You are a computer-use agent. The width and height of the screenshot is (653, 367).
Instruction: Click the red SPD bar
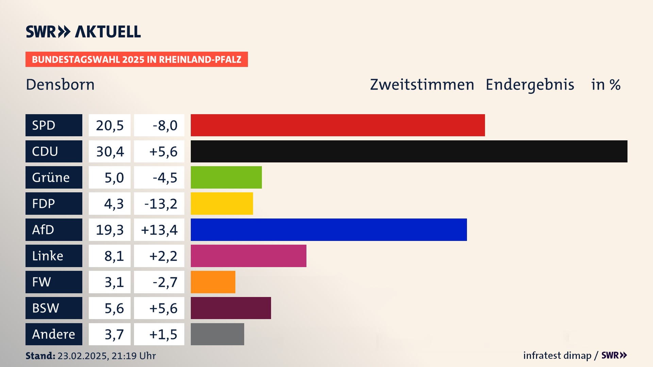click(x=338, y=125)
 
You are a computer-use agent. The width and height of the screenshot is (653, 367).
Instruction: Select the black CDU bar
click(x=409, y=151)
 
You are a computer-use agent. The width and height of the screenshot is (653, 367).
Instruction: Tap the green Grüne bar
click(x=226, y=177)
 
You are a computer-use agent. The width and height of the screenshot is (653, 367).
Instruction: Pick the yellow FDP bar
click(x=222, y=204)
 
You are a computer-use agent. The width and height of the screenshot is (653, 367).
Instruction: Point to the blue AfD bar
click(x=329, y=230)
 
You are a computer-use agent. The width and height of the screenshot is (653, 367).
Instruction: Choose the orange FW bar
click(x=213, y=282)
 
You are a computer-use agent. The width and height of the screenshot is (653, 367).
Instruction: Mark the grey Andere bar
click(x=217, y=334)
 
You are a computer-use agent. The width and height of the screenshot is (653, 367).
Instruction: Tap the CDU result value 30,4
click(x=110, y=152)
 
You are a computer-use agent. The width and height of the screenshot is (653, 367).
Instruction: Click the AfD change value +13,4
click(x=159, y=230)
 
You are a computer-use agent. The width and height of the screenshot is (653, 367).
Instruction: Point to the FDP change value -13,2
click(x=161, y=204)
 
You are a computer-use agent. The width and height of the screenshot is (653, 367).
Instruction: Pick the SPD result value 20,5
click(x=110, y=125)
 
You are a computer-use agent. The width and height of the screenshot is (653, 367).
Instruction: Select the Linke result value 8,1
click(x=114, y=256)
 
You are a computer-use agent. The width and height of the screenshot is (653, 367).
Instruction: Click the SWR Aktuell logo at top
click(x=83, y=32)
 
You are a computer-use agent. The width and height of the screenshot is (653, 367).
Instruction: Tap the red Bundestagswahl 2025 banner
click(x=136, y=59)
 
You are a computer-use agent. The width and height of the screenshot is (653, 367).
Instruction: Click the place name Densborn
click(x=60, y=85)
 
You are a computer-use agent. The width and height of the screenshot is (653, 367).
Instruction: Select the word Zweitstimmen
click(x=422, y=85)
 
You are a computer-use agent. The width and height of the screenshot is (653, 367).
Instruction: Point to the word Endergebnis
click(x=530, y=85)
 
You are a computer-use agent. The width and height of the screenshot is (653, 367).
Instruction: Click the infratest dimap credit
click(x=557, y=355)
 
